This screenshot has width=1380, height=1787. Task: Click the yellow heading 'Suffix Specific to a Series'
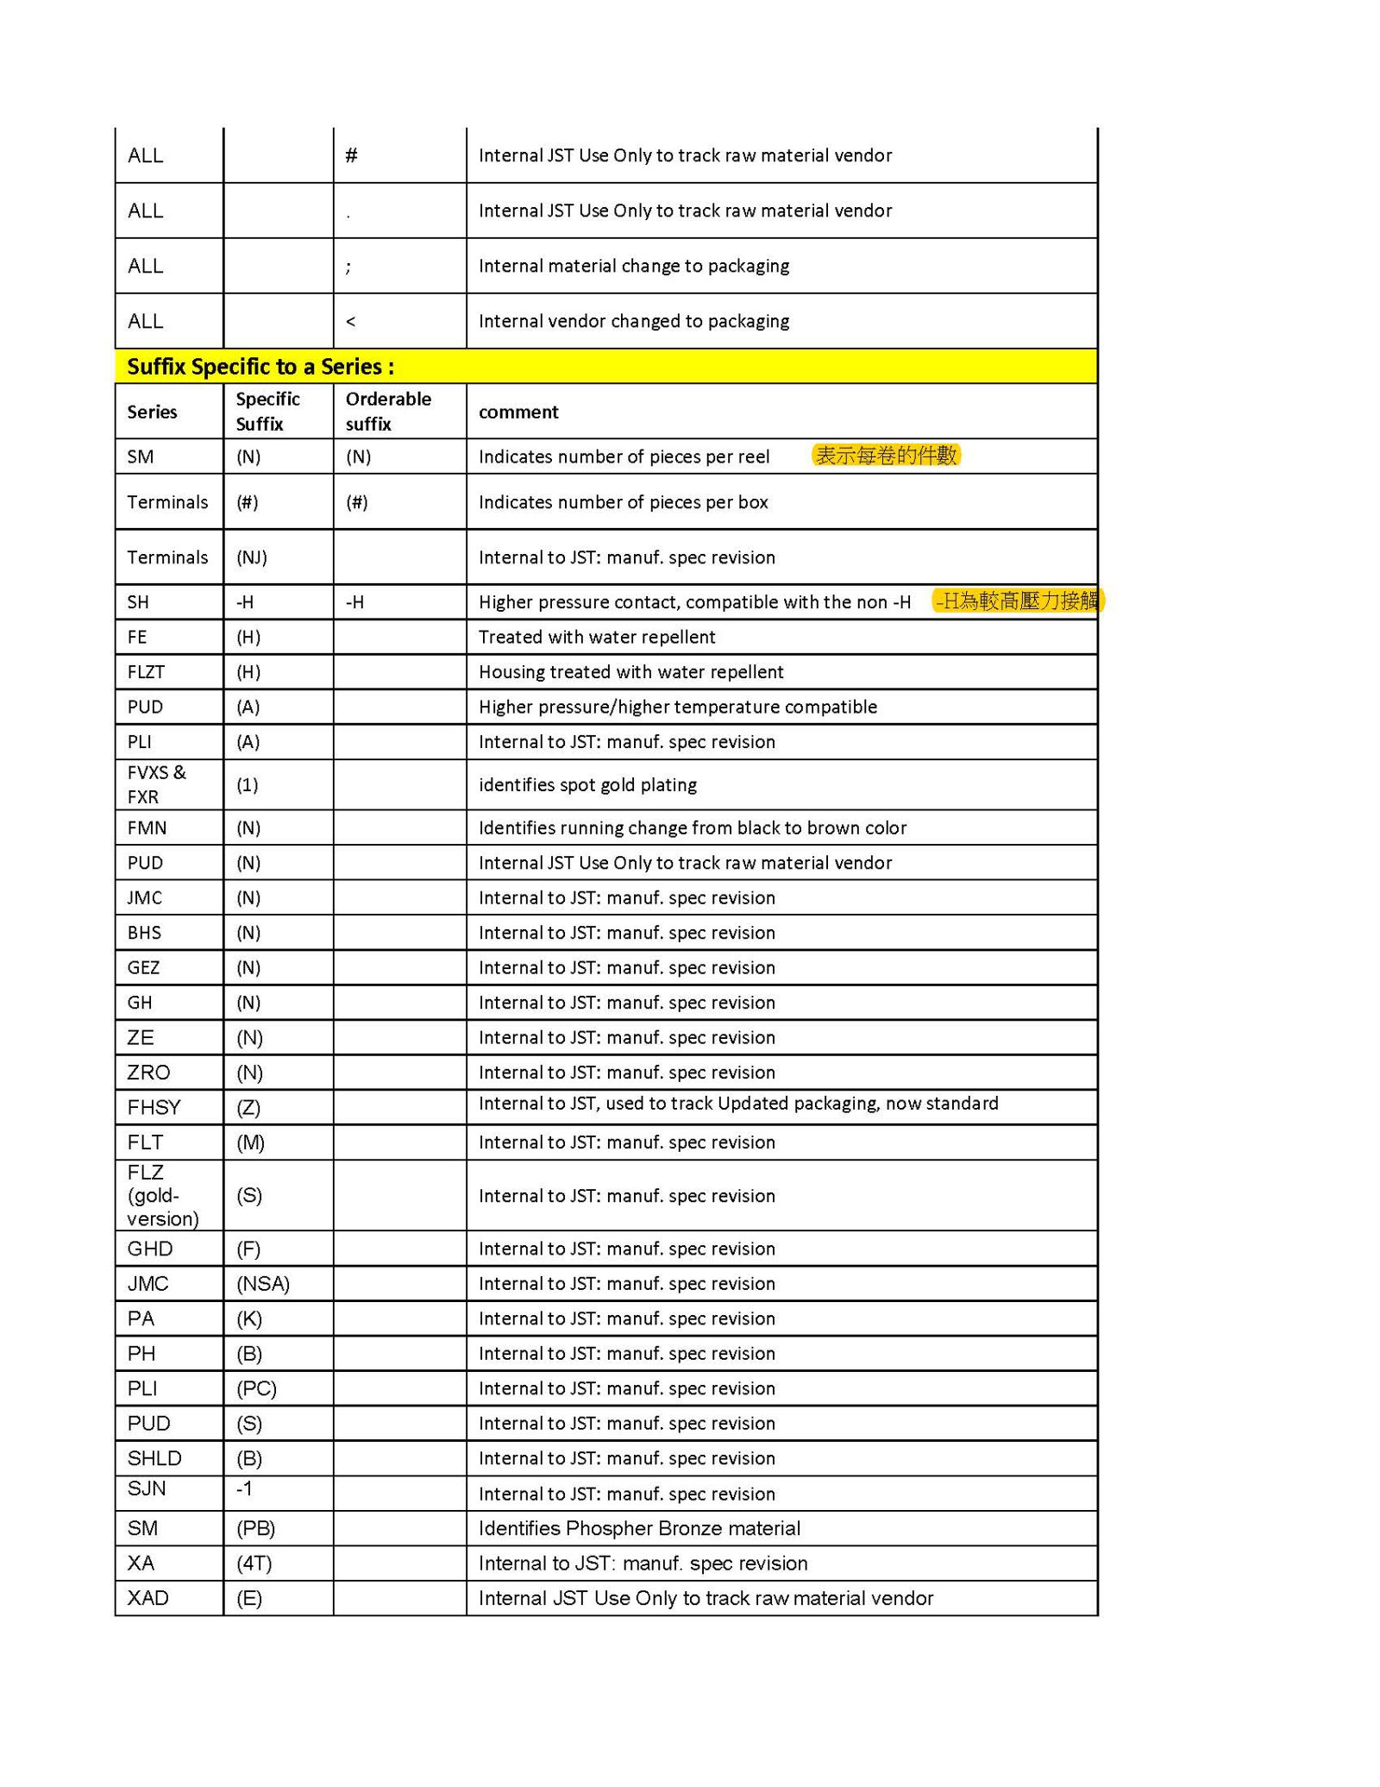pos(260,367)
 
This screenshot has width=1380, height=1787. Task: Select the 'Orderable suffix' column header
pos(387,412)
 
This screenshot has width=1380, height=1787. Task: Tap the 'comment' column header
pos(517,412)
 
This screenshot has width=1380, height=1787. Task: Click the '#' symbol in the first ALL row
pos(351,155)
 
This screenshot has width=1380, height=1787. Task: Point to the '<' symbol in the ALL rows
pos(350,321)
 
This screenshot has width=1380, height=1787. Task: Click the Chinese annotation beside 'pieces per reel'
pos(886,456)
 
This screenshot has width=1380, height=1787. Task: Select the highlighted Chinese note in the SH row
pos(1017,601)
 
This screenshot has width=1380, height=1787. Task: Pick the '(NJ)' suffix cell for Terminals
pos(251,557)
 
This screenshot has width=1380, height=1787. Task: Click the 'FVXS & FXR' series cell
pos(156,784)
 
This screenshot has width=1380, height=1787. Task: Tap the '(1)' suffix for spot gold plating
pos(247,785)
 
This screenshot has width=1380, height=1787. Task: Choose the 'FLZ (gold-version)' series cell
pos(162,1195)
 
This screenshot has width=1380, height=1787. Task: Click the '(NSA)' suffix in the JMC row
pos(262,1284)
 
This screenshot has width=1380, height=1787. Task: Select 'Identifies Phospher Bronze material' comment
pos(639,1529)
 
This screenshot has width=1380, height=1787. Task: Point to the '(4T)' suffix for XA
pos(254,1564)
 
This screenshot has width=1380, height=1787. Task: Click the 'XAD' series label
pos(147,1598)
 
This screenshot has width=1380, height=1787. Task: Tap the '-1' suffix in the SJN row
pos(244,1489)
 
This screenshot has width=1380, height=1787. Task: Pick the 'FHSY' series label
pos(154,1108)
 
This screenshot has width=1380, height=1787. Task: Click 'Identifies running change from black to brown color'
pos(692,828)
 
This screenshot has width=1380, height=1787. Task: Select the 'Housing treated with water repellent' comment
pos(630,672)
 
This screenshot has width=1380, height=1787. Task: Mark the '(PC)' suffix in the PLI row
pos(256,1388)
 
